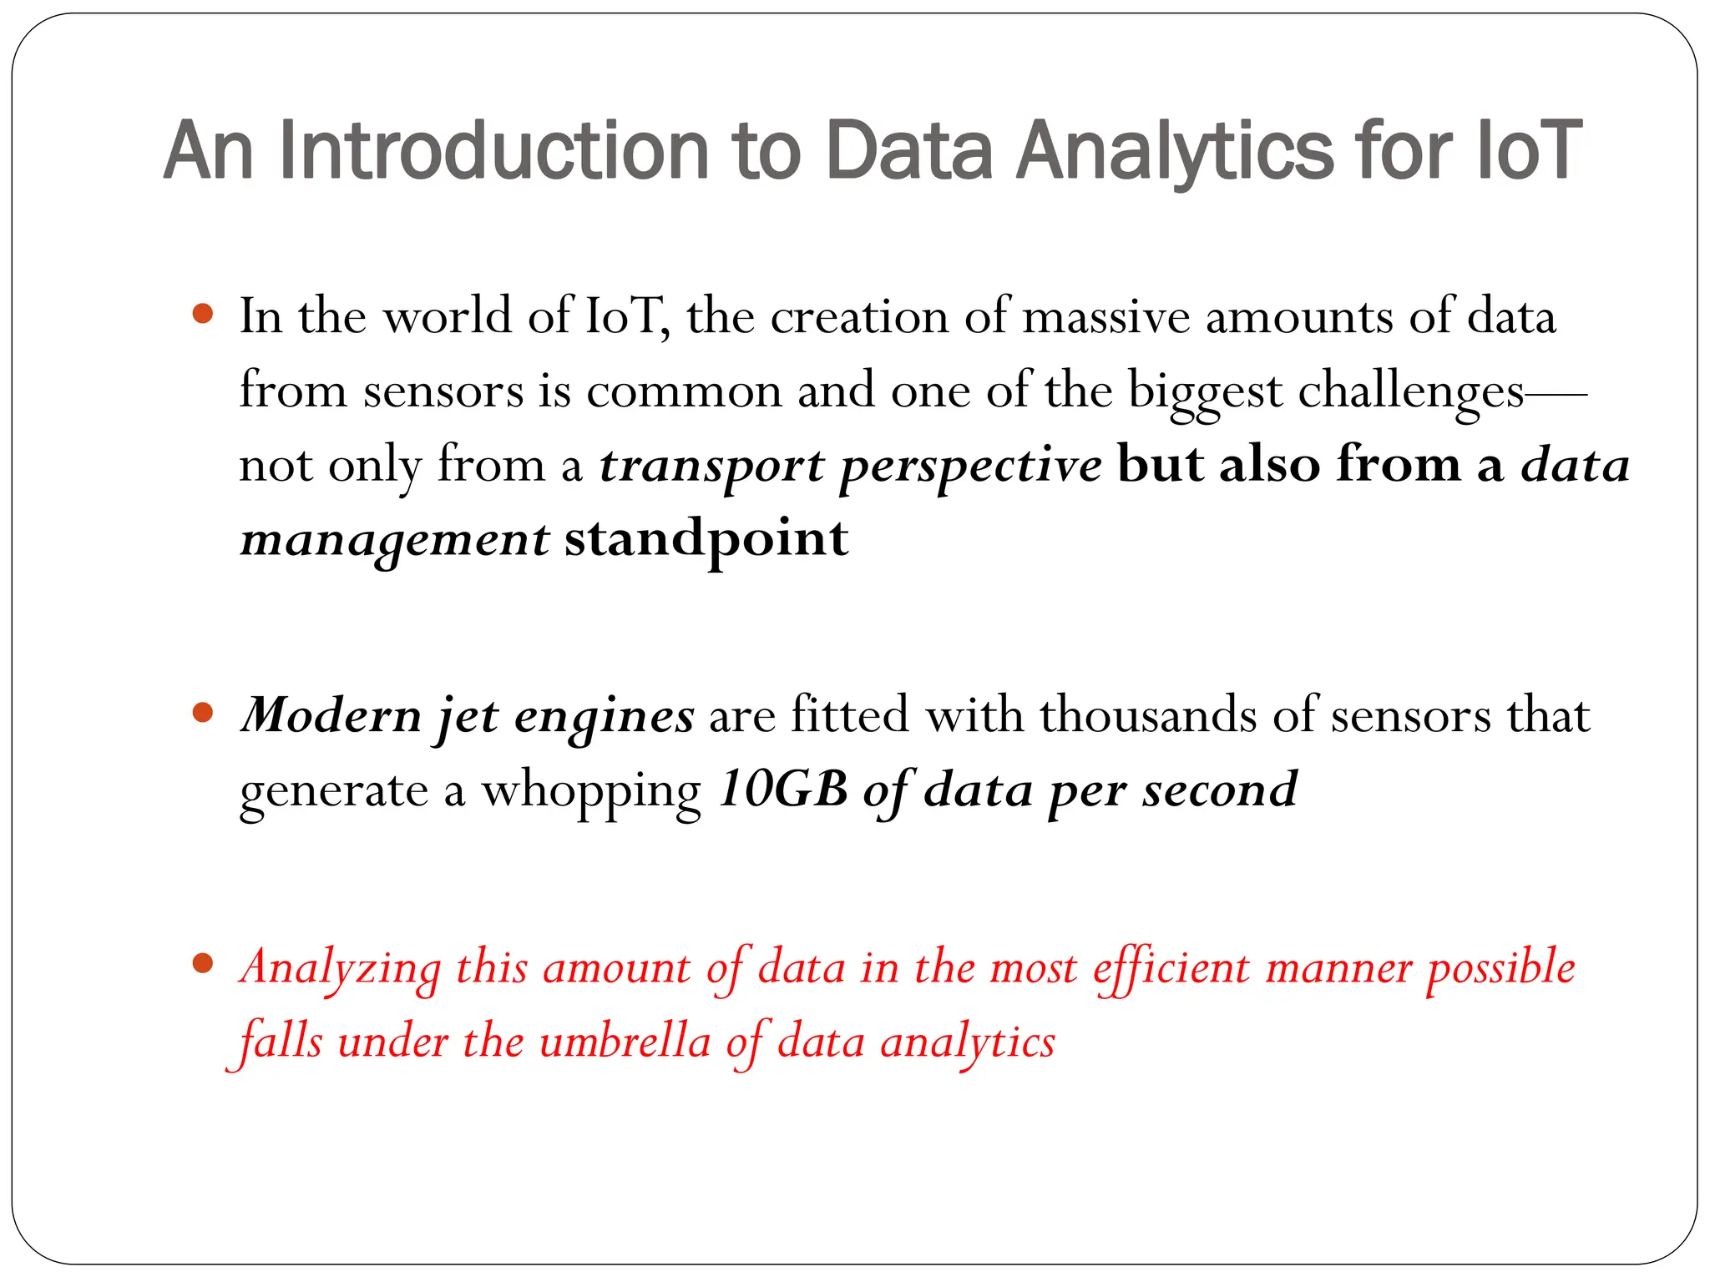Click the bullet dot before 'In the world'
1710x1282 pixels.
tap(202, 314)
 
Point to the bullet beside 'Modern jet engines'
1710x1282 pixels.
tap(202, 713)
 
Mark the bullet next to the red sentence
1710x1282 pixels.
tap(202, 964)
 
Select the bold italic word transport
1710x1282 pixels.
tap(711, 466)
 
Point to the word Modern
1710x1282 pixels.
tap(331, 716)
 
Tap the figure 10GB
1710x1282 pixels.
tap(783, 789)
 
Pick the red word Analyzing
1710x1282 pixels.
tap(340, 968)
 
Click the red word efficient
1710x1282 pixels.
tap(1171, 968)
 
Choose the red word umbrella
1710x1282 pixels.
tap(625, 1042)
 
